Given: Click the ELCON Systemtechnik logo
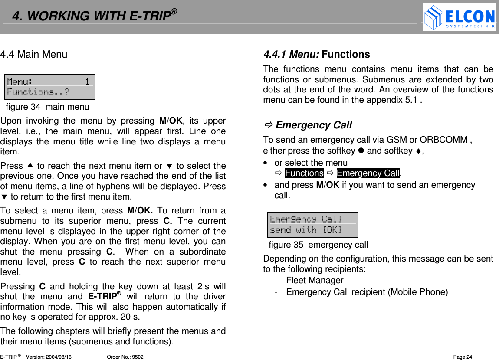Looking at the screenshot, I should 459,17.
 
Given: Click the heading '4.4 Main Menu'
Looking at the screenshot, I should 34,55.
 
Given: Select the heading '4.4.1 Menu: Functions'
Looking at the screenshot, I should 316,55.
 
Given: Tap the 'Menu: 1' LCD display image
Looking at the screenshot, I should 50,87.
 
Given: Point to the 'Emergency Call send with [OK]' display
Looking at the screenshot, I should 313,225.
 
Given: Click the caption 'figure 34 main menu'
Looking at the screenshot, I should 47,107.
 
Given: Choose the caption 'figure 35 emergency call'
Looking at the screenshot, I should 318,245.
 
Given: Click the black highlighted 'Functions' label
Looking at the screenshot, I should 304,173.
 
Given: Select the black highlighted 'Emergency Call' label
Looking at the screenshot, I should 368,173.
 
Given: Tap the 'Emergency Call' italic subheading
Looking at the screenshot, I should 313,125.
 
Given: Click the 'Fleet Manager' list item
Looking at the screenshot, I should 315,280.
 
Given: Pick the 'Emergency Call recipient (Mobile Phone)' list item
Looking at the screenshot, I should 367,292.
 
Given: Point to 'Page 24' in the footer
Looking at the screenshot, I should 463,357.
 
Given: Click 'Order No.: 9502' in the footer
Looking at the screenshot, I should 125,357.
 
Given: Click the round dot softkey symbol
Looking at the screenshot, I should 361,151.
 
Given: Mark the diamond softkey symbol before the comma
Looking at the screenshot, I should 418,151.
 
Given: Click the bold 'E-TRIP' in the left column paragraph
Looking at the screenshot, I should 104,297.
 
